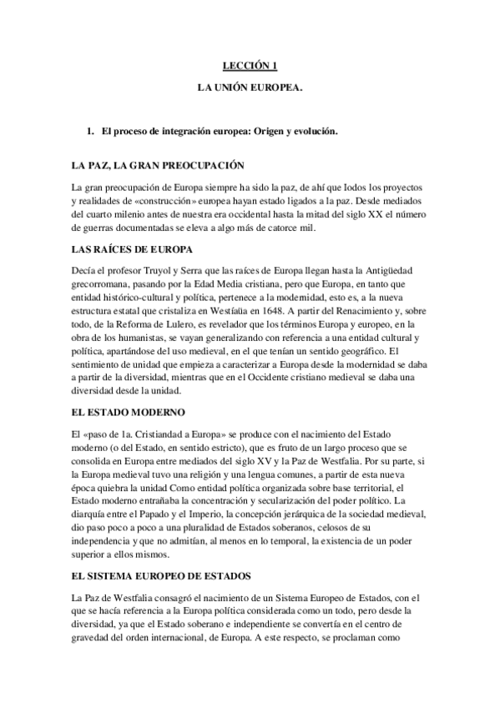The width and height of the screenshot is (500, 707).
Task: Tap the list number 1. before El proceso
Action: coord(91,132)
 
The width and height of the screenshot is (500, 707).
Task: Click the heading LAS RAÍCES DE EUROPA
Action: coord(133,249)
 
